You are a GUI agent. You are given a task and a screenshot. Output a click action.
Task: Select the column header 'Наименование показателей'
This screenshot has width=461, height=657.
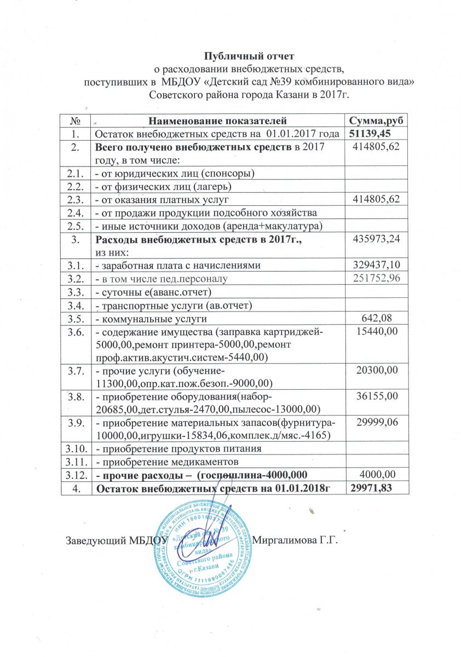tap(218, 120)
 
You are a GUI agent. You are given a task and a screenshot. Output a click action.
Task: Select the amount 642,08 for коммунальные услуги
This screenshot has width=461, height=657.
tap(378, 318)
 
